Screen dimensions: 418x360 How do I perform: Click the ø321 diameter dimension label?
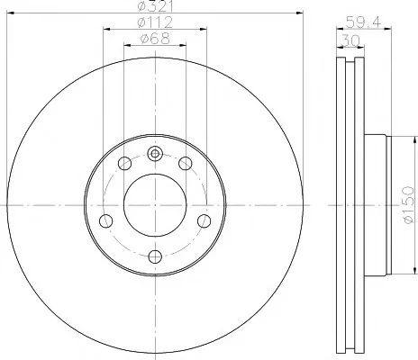155,6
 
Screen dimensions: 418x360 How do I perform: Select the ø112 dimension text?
155,22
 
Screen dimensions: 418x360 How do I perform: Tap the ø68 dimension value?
155,39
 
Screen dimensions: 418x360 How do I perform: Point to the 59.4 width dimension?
363,22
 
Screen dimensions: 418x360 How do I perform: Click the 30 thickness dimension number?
350,40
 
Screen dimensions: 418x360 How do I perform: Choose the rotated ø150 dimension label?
409,205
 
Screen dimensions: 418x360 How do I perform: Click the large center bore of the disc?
155,205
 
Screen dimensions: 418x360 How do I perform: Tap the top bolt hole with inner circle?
155,154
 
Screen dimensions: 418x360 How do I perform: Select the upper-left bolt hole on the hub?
124,164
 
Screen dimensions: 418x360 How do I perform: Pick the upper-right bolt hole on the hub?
186,164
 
